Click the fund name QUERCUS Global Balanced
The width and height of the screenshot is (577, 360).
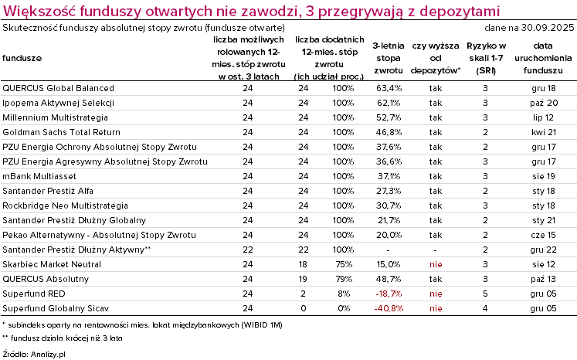pyautogui.click(x=59, y=89)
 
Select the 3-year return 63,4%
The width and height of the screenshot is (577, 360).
pyautogui.click(x=387, y=89)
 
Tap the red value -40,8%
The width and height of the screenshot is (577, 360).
pyautogui.click(x=387, y=308)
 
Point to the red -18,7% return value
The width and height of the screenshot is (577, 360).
pyautogui.click(x=387, y=294)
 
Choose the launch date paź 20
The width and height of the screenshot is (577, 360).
pyautogui.click(x=545, y=104)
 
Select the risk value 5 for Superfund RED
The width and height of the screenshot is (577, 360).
pyautogui.click(x=485, y=294)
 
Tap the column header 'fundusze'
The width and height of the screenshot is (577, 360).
pyautogui.click(x=22, y=58)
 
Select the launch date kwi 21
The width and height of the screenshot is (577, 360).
pyautogui.click(x=545, y=133)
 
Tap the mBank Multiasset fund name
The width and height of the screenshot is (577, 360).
pyautogui.click(x=41, y=176)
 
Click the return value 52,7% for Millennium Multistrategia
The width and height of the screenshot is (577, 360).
pyautogui.click(x=387, y=118)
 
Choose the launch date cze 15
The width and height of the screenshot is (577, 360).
pyautogui.click(x=545, y=235)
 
